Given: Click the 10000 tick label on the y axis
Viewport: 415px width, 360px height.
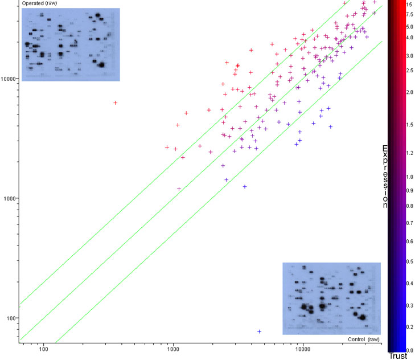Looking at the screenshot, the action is [8, 79].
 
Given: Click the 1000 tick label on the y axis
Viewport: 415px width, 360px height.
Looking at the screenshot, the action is [10, 198].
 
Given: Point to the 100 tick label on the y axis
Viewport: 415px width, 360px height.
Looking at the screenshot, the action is [11, 318].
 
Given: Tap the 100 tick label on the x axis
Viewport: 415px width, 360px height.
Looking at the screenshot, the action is [43, 349].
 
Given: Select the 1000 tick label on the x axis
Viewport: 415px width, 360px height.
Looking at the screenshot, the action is [173, 349].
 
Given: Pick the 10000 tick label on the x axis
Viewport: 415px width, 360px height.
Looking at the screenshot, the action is [303, 349].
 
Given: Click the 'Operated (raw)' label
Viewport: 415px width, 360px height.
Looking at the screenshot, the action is [39, 3].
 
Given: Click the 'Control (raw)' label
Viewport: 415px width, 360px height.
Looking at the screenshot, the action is [364, 339].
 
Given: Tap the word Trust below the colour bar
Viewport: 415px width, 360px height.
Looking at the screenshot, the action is [398, 356].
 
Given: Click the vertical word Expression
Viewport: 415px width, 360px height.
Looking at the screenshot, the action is [385, 177].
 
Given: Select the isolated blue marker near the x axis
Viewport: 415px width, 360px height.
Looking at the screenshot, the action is [260, 332].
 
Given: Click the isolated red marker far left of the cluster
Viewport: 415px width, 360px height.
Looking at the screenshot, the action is [115, 103].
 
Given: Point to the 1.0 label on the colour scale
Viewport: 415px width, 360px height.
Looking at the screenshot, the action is [410, 177].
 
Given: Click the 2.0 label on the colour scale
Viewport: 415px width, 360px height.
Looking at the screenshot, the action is [410, 92].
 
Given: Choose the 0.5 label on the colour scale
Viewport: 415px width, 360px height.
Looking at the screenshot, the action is [410, 261].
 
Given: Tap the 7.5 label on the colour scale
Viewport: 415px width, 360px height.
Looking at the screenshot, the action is [410, 14].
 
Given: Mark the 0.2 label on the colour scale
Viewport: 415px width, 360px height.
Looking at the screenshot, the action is [410, 327].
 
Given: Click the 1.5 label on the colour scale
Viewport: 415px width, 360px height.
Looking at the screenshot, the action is [410, 125].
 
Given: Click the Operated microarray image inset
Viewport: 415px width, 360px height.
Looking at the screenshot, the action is [71, 44].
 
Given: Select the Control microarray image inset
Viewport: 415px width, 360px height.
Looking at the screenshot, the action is [332, 298].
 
